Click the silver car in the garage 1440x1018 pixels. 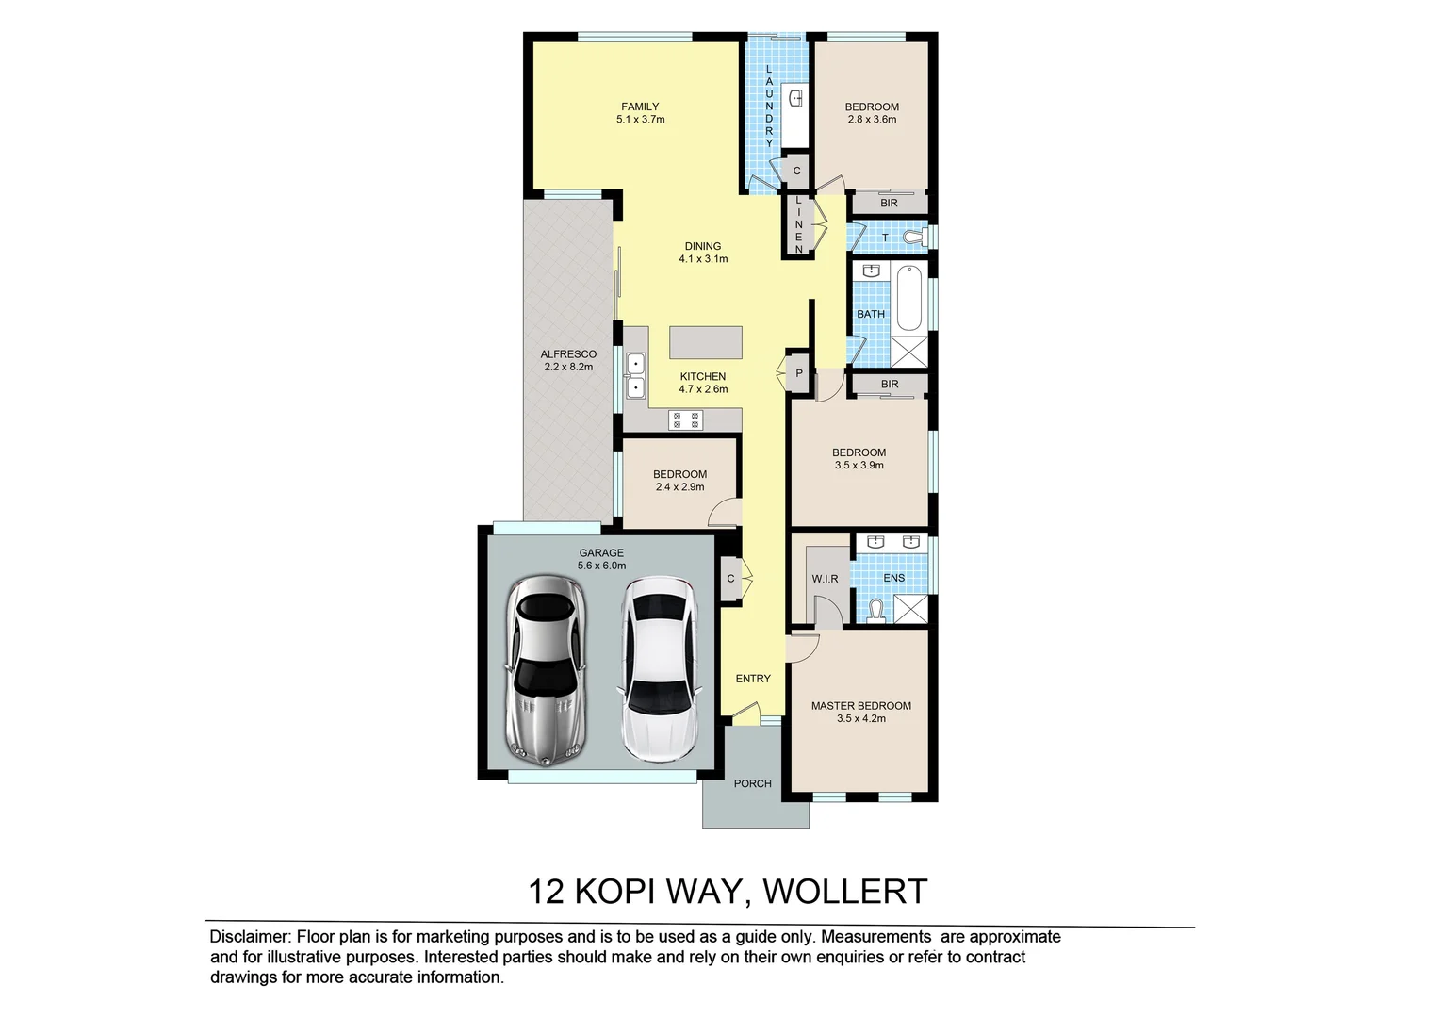pos(546,670)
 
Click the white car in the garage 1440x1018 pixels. pos(659,670)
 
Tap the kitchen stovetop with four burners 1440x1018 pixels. pos(685,420)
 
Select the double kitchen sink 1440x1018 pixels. pos(636,374)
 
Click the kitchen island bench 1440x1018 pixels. pos(705,341)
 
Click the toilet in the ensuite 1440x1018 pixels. pos(875,611)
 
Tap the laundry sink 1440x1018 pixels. pos(796,97)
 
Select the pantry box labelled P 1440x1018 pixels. pos(799,373)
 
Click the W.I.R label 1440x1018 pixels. pos(825,579)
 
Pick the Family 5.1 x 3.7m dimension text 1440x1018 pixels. pos(640,120)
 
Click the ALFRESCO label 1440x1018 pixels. pos(568,354)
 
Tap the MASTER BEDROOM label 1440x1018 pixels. pos(860,706)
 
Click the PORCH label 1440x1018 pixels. pos(752,783)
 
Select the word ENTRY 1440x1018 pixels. pos(753,679)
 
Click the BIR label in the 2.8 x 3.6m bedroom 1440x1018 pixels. pos(889,204)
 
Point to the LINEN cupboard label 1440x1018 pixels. pos(798,224)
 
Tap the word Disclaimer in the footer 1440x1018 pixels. pos(250,937)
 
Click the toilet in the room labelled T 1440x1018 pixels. pos(912,237)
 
